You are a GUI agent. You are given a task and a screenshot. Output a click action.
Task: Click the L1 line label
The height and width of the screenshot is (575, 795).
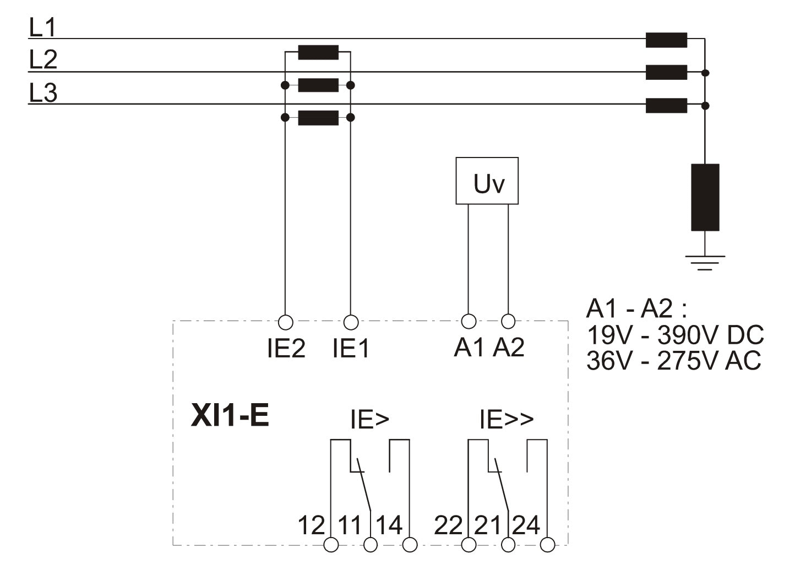[x=42, y=28]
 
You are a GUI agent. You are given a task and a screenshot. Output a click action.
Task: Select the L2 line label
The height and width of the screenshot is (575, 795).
[x=43, y=59]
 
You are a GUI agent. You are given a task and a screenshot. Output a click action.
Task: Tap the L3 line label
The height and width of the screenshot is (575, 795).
[x=43, y=93]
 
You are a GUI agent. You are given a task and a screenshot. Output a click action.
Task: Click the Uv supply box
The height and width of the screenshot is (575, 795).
[x=487, y=181]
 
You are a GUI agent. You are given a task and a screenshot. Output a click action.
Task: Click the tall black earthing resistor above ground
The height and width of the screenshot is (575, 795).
[x=705, y=197]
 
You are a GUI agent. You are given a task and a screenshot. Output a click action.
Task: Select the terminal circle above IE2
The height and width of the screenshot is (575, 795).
[x=285, y=322]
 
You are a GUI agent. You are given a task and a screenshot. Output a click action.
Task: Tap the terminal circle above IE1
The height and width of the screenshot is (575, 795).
[x=351, y=322]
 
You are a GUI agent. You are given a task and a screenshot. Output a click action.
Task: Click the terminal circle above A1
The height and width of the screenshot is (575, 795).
[x=469, y=321]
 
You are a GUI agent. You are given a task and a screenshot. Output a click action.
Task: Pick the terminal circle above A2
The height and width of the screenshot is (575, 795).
[x=508, y=321]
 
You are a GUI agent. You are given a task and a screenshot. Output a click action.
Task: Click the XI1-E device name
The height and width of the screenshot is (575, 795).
[x=230, y=416]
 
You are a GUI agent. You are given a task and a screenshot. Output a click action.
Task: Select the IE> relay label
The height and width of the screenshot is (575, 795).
[x=369, y=420]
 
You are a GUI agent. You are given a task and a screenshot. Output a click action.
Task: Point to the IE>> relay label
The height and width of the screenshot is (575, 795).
[x=507, y=420]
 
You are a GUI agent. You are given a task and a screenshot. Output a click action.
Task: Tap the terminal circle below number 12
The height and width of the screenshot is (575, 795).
[x=331, y=545]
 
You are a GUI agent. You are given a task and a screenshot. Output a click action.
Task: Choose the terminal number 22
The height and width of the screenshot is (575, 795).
[x=448, y=525]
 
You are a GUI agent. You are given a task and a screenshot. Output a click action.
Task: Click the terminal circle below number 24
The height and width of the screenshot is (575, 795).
[x=547, y=545]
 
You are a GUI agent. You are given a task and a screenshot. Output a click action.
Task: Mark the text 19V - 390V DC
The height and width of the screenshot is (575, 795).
[x=675, y=335]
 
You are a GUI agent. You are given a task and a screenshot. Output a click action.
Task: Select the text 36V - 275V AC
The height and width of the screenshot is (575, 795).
[x=674, y=361]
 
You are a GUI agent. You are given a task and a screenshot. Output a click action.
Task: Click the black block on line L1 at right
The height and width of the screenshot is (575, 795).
[x=666, y=40]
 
